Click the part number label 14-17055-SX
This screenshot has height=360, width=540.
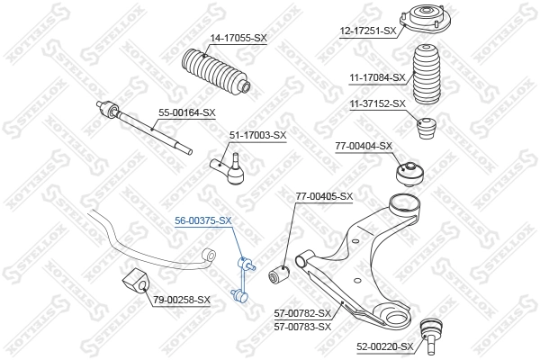click(238, 38)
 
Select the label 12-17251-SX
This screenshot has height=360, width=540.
click(368, 31)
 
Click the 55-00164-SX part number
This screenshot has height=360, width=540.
click(187, 112)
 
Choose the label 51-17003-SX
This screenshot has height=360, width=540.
click(257, 135)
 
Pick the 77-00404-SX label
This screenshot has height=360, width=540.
click(364, 145)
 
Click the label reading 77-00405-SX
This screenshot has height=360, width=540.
click(324, 196)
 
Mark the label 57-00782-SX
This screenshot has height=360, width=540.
click(302, 313)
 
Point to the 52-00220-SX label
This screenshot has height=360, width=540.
click(384, 346)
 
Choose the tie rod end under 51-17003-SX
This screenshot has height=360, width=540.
click(229, 167)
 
